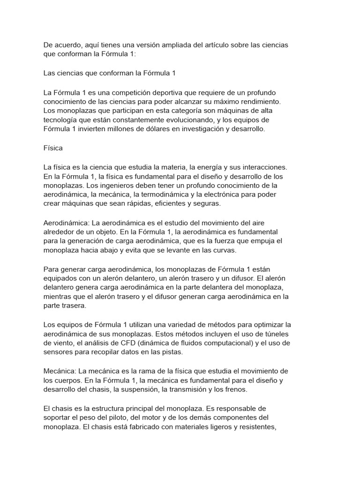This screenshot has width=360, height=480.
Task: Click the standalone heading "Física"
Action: pos(53,148)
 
